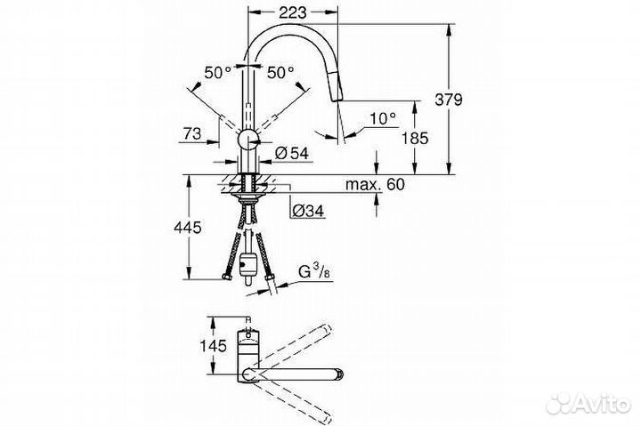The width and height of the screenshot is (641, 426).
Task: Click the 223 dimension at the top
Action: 292,12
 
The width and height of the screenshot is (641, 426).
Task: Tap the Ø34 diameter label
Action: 306,210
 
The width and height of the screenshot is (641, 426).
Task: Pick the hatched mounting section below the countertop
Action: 247,188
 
